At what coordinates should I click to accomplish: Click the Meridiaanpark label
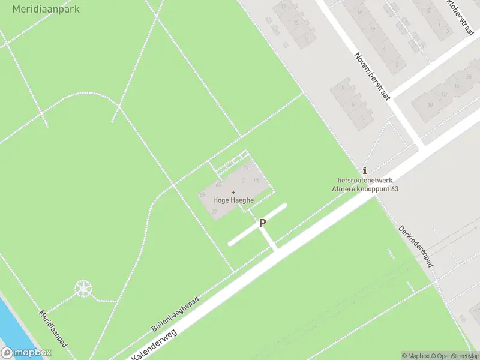(x=46, y=9)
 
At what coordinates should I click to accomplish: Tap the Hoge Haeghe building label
(x=233, y=201)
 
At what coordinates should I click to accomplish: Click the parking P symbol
(x=262, y=223)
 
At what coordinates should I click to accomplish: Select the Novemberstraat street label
(x=372, y=76)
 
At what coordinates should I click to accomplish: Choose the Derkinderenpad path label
(x=415, y=246)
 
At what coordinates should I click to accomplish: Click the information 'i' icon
(x=365, y=170)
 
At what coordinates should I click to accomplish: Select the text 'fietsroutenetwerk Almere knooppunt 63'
(x=365, y=184)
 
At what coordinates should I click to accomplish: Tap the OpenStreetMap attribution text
(x=456, y=356)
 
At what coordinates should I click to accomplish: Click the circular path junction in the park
(x=83, y=289)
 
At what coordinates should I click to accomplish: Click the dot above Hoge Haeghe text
(x=233, y=192)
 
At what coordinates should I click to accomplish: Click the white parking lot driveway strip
(x=257, y=225)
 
